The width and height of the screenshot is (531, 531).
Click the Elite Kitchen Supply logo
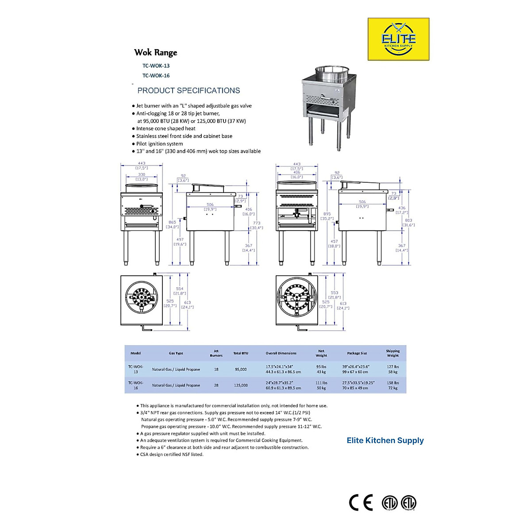(398, 39)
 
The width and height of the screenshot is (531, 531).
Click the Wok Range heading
(156, 53)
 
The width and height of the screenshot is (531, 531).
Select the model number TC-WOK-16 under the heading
(156, 76)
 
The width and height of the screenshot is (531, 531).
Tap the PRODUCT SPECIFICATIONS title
(189, 91)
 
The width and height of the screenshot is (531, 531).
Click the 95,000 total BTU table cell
(241, 369)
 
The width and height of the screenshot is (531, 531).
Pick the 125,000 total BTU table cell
(241, 385)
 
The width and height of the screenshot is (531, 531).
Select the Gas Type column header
(176, 354)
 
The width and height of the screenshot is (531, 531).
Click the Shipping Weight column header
(392, 353)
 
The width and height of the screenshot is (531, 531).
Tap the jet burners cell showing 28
(216, 385)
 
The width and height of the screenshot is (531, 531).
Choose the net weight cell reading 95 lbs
(321, 367)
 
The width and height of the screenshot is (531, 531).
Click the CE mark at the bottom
(361, 503)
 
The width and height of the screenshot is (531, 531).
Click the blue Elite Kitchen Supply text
(385, 440)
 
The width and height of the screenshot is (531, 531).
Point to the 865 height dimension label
(172, 223)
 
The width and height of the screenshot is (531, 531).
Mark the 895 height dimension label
(327, 214)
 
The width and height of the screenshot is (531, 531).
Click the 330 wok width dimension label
(142, 175)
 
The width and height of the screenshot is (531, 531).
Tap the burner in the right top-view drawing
(297, 299)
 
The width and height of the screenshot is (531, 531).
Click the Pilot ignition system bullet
(159, 144)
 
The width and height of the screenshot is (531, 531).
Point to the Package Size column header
(357, 354)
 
